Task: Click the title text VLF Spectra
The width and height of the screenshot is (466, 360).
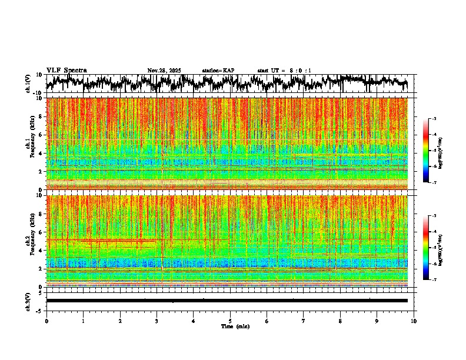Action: click(x=66, y=71)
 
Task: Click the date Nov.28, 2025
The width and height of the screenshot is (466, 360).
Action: click(x=164, y=71)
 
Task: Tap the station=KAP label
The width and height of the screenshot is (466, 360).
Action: click(x=218, y=71)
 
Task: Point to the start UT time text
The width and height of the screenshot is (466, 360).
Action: click(x=284, y=71)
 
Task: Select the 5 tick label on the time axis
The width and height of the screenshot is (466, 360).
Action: click(x=230, y=321)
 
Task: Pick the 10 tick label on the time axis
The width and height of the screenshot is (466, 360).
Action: click(x=414, y=321)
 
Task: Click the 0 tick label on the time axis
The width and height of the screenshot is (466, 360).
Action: click(x=46, y=321)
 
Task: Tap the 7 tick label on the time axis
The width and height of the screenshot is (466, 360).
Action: click(x=304, y=321)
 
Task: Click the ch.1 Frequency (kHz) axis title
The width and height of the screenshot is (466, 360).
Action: click(x=29, y=143)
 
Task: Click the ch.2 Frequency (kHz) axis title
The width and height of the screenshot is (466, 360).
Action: click(x=29, y=241)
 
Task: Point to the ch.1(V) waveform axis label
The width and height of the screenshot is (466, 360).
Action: click(x=28, y=84)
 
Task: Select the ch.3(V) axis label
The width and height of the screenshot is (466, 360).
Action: click(x=28, y=301)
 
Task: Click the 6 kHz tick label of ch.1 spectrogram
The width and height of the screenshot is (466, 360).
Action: click(x=40, y=135)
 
